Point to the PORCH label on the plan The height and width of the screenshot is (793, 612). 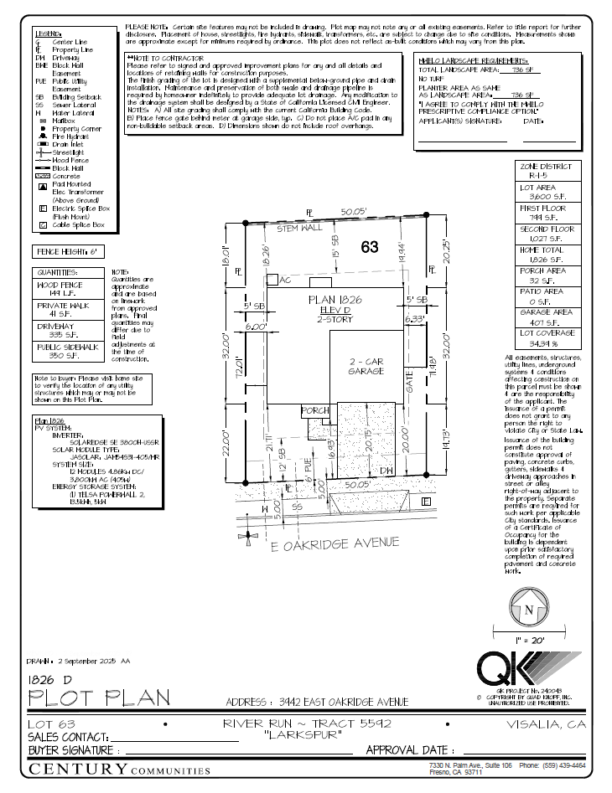(315, 411)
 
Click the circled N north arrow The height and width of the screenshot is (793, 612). (528, 610)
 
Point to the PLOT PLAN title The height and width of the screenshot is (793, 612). (100, 697)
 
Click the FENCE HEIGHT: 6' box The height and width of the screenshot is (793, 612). (68, 251)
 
